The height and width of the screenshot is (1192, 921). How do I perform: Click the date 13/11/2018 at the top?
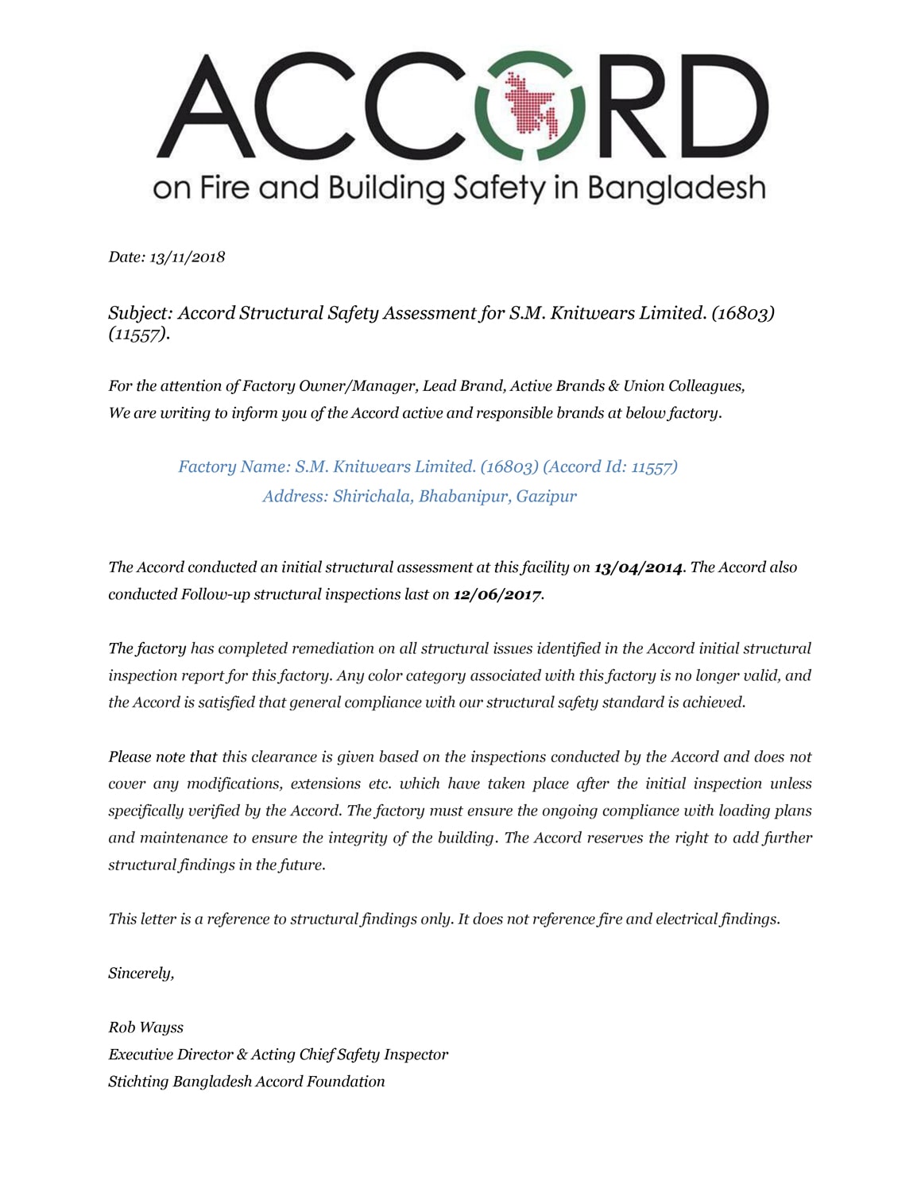tap(188, 257)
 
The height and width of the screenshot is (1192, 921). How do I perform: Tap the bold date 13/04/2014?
tap(638, 567)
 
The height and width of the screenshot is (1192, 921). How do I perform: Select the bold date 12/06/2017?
tap(497, 594)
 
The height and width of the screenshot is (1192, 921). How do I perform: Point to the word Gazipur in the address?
tap(547, 497)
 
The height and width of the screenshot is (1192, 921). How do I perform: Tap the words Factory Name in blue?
tap(230, 466)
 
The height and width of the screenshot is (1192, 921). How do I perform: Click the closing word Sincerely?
tap(141, 973)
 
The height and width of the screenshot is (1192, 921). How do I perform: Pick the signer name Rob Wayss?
tap(145, 1028)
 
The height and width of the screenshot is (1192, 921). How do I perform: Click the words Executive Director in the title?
tap(171, 1055)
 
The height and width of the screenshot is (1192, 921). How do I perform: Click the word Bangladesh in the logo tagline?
tap(676, 188)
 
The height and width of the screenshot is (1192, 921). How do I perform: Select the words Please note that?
tap(163, 757)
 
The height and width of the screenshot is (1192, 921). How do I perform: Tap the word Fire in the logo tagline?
tap(223, 188)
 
